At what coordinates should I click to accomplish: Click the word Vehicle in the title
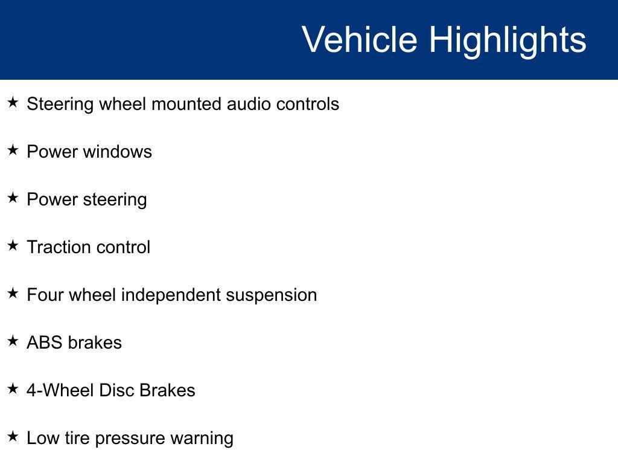point(360,39)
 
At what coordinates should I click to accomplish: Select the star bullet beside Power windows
point(13,150)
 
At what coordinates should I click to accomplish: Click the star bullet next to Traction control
point(13,245)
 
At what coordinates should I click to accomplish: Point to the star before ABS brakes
point(13,341)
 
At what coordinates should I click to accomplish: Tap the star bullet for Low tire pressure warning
point(13,436)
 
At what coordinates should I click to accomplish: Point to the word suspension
point(271,297)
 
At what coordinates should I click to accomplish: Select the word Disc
point(116,390)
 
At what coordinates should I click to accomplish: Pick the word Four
point(45,295)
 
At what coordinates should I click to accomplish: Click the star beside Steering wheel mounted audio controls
point(13,102)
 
